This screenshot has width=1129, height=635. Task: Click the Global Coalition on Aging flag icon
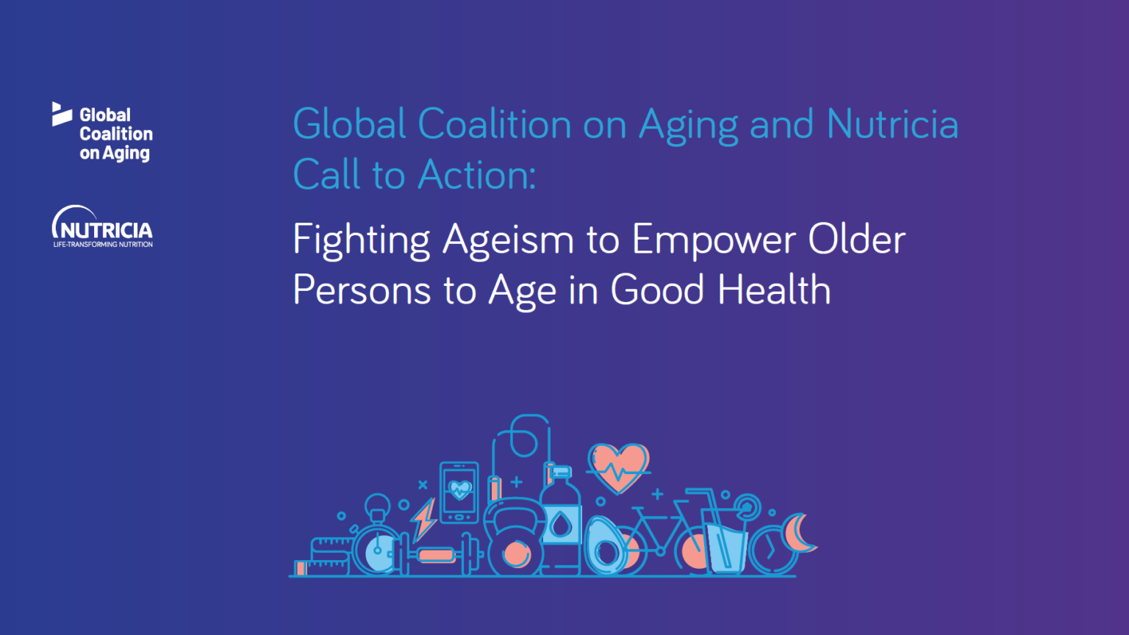[x=61, y=114]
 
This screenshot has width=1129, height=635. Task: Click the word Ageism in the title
[x=508, y=240]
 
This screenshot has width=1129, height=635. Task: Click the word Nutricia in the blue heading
[x=892, y=124]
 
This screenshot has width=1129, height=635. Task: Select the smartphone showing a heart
[x=459, y=492]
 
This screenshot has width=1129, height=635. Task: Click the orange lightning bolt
[x=424, y=520]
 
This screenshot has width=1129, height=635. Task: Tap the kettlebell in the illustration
[x=515, y=540]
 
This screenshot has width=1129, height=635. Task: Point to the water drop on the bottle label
[x=561, y=525]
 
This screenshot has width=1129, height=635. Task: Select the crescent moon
[x=798, y=533]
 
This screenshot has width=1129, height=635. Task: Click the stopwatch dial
[x=377, y=550]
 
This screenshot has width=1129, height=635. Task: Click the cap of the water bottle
[x=561, y=472]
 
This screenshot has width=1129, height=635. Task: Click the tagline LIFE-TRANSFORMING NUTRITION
[x=103, y=245]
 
